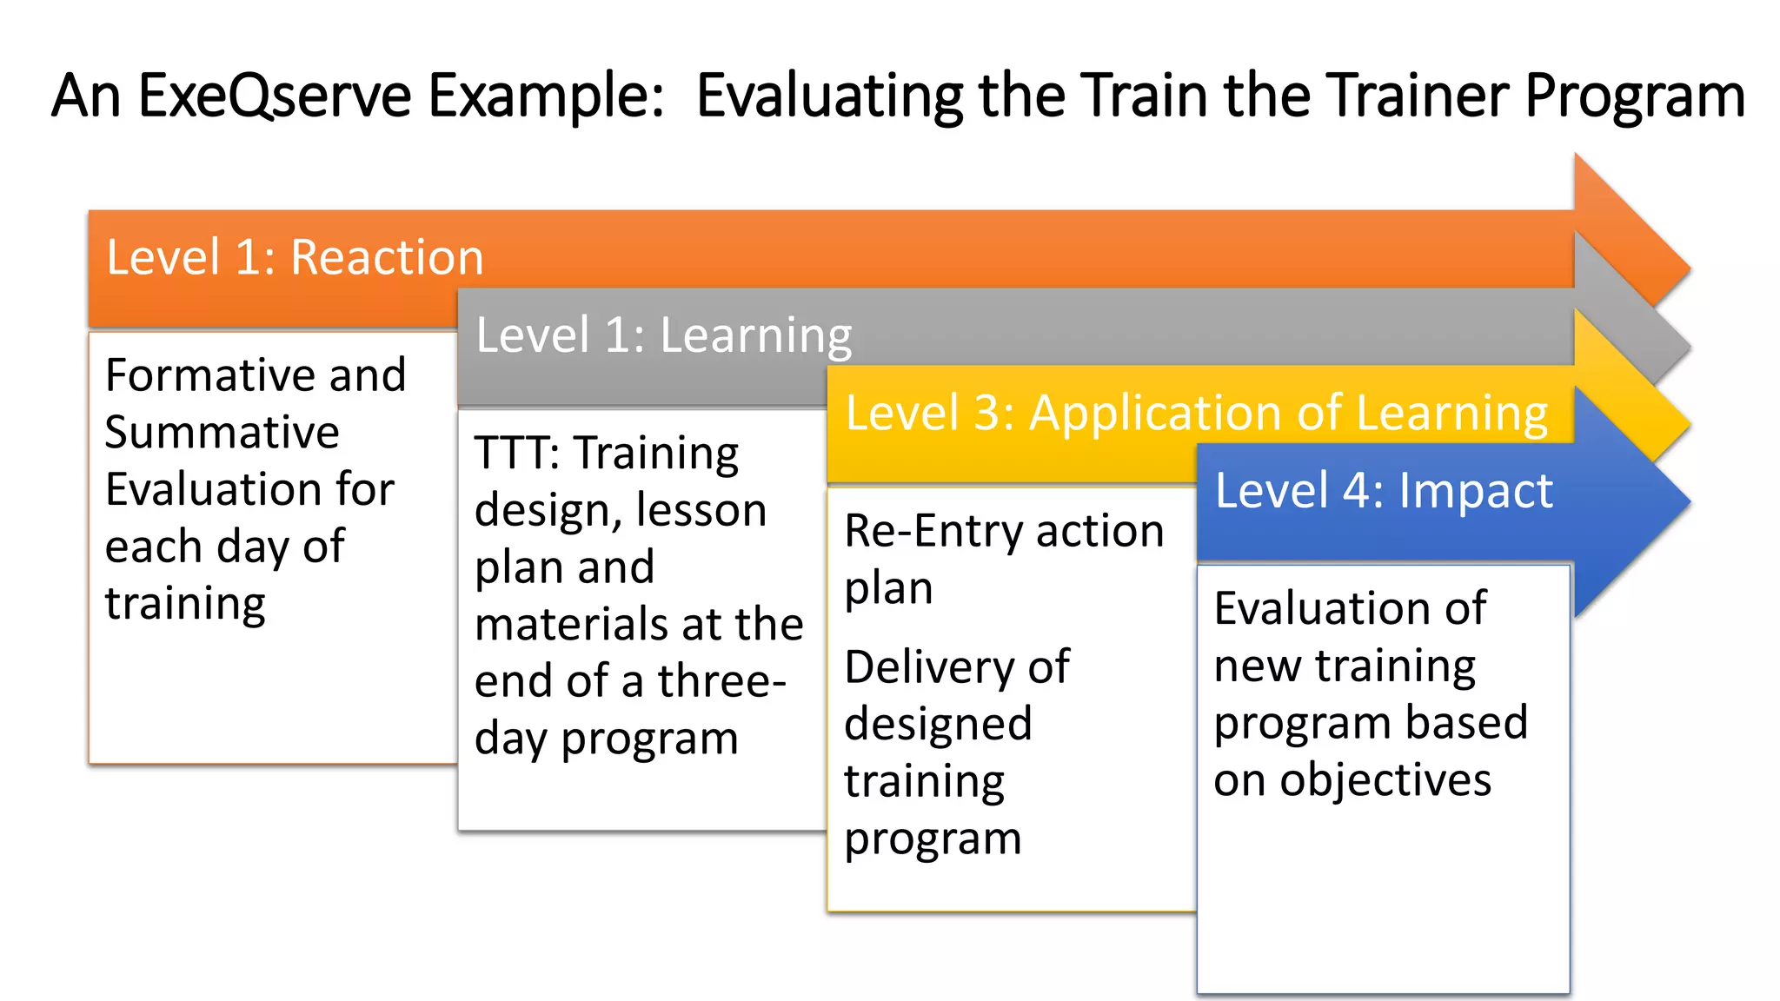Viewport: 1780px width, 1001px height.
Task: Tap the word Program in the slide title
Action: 1634,97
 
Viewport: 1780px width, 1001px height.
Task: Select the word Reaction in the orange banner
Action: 387,257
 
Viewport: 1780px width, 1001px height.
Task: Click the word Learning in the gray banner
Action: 756,335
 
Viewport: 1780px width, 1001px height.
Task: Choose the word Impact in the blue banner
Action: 1475,490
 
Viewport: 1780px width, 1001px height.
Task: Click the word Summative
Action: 222,432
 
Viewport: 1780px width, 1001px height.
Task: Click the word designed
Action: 938,724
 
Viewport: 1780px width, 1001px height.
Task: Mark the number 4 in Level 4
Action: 1357,490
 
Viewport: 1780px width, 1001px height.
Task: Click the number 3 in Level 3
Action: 988,413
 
